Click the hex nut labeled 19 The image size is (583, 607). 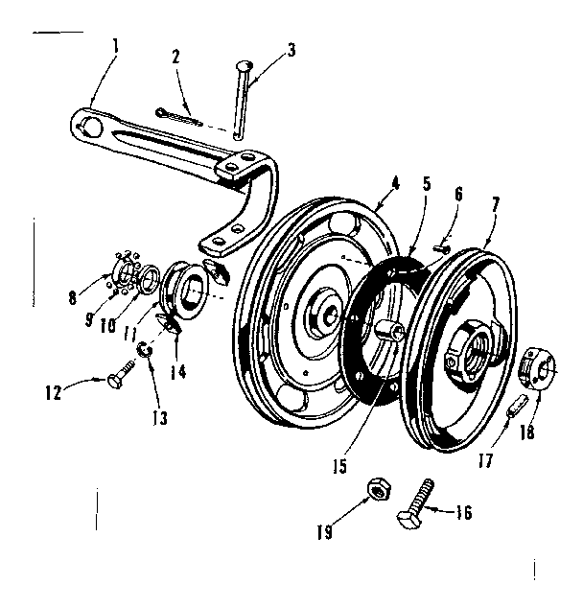378,489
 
